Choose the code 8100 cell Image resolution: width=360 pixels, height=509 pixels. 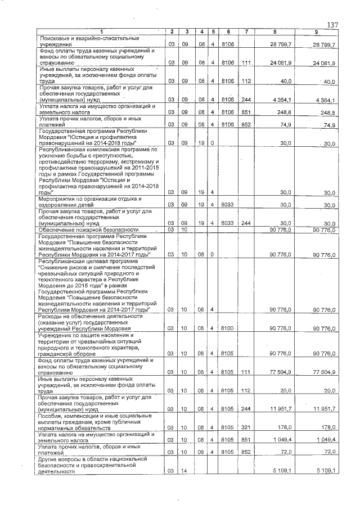tap(227, 328)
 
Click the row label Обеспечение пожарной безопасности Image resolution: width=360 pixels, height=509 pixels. tap(88, 229)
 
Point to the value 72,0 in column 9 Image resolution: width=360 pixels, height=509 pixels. tap(328, 452)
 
